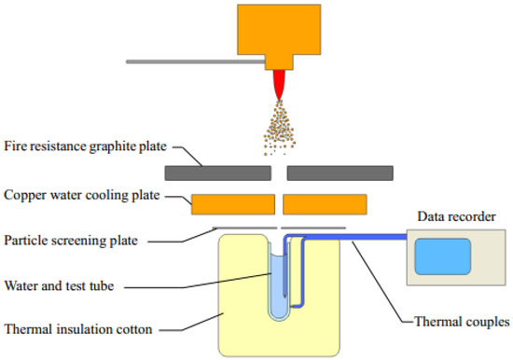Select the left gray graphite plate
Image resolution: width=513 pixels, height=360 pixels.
point(217,173)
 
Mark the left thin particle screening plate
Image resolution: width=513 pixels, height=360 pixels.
point(244,228)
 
